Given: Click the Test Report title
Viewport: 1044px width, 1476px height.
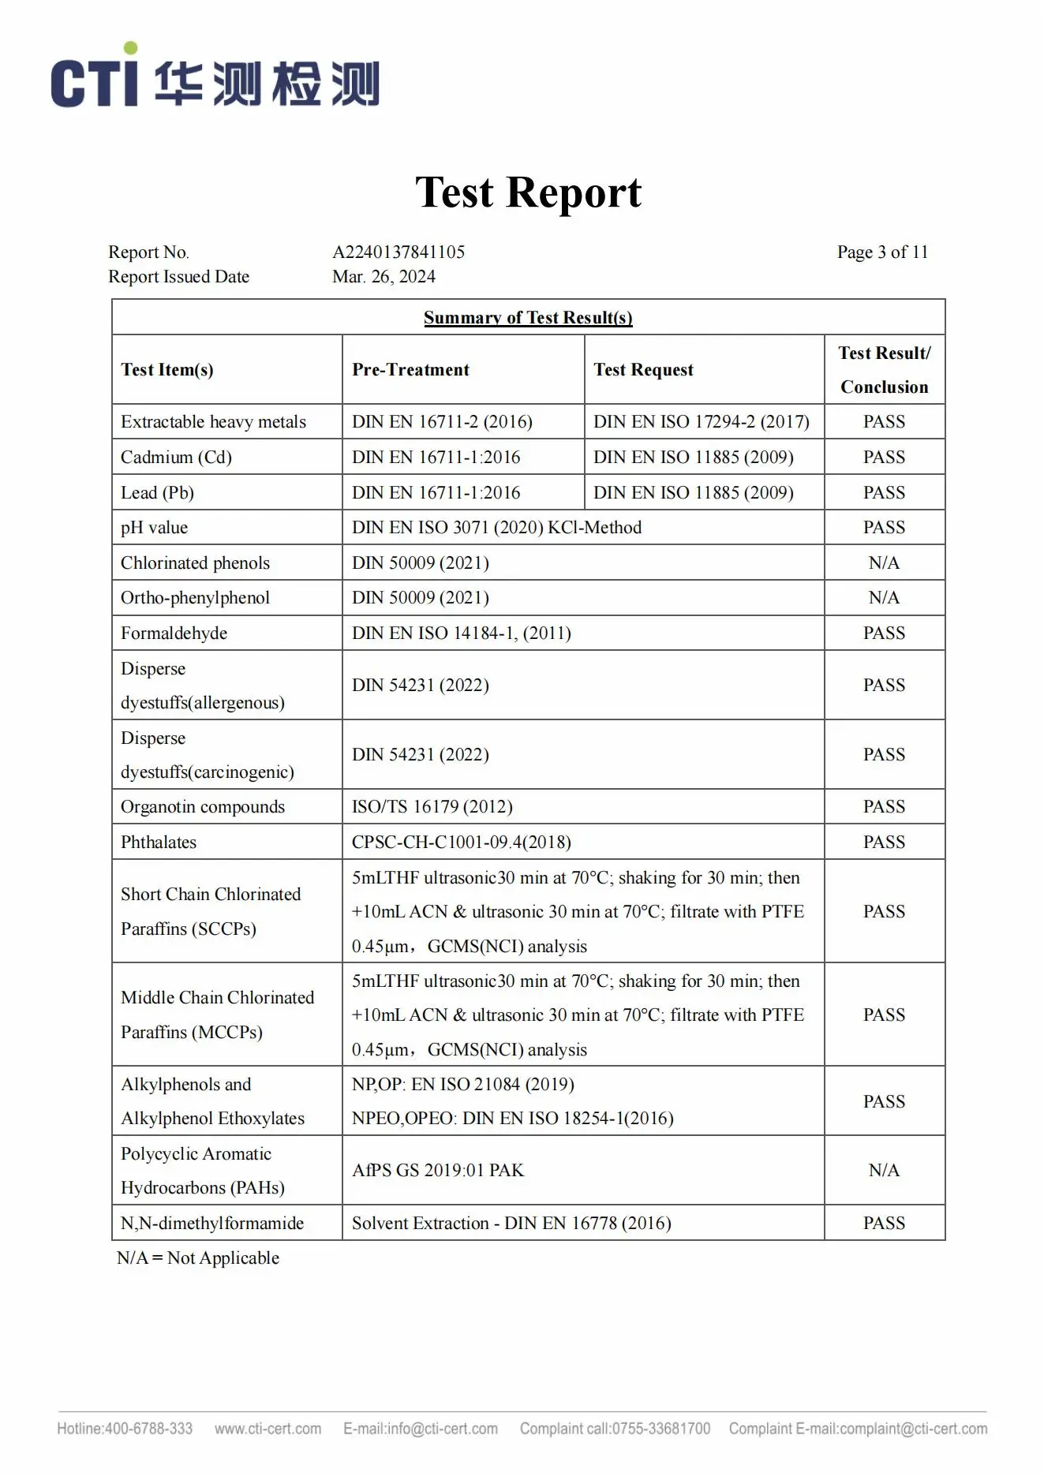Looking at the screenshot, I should coord(528,192).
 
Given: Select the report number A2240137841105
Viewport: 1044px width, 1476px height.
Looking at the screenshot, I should coord(399,252).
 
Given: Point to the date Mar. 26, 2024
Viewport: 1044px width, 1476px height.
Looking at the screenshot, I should coord(384,277).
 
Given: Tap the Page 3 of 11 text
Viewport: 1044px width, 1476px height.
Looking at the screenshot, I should coord(882,252).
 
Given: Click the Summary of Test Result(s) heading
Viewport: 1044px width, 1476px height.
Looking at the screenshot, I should coord(528,318).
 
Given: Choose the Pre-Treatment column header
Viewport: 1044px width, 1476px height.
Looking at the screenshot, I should coord(410,370).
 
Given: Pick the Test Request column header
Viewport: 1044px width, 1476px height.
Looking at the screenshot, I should coord(643,370).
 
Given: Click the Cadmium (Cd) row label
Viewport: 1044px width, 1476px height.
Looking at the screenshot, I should coord(176,458).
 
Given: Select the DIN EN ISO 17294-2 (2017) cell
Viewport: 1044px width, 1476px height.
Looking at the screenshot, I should coord(702,422).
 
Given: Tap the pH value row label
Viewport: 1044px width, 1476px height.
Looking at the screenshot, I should coord(154,528).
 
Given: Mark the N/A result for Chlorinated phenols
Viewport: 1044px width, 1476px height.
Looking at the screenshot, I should coord(884,563).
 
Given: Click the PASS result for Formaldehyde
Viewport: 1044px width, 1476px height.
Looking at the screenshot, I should coord(884,633).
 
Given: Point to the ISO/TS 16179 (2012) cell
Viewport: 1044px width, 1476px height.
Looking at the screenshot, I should coord(432,807).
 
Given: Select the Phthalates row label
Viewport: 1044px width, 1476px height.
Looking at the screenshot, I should coord(159,843).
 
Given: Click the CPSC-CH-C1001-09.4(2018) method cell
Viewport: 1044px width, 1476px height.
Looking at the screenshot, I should coord(461,843).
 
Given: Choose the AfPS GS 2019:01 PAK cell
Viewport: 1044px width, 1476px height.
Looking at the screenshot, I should coord(437,1171).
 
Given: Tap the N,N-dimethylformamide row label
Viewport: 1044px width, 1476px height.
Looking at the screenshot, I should coord(212,1224).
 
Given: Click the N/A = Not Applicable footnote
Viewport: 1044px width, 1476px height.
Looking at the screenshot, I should coord(198,1258).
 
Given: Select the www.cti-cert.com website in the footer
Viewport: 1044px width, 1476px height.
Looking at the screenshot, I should coord(268,1429).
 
